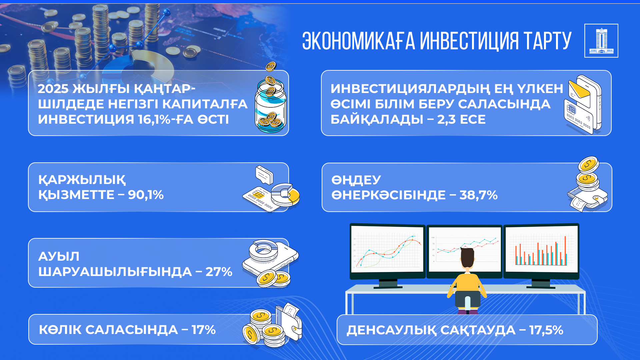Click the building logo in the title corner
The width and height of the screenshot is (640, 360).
click(601, 41)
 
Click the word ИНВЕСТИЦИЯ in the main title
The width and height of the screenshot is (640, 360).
click(469, 41)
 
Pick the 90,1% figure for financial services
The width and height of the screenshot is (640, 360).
click(146, 195)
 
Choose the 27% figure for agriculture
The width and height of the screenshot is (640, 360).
click(219, 272)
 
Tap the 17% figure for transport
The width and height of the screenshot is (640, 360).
click(203, 330)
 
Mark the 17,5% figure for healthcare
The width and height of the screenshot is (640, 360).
click(546, 330)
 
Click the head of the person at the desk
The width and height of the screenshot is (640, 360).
click(467, 258)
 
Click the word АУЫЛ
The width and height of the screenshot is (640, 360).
click(59, 256)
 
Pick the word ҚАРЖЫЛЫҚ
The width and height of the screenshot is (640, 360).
click(82, 180)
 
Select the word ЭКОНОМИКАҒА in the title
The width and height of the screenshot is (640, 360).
click(359, 41)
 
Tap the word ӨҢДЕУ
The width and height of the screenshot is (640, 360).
click(356, 180)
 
